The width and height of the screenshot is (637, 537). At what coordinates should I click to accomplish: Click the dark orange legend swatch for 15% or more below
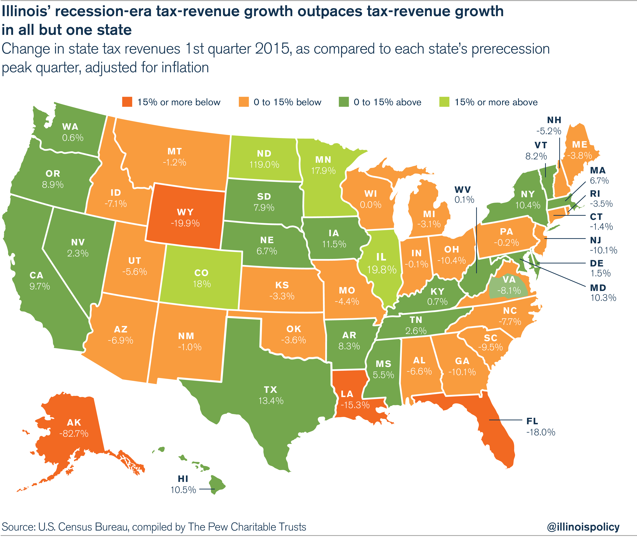[127, 102]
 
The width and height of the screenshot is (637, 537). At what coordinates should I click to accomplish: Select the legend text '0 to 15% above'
[387, 102]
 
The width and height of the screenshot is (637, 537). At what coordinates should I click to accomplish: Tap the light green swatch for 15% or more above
[444, 102]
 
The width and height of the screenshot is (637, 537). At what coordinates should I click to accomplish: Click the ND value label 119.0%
[264, 165]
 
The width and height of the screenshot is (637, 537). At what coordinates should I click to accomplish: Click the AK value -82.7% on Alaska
[74, 433]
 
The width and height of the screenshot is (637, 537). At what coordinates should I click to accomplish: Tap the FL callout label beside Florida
[532, 421]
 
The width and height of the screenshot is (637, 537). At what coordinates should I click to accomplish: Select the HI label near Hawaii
[183, 479]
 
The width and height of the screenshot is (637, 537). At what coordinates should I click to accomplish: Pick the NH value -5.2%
[548, 131]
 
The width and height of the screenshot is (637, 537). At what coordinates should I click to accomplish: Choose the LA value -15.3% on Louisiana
[355, 405]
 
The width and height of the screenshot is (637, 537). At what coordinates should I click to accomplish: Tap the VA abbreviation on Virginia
[509, 279]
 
